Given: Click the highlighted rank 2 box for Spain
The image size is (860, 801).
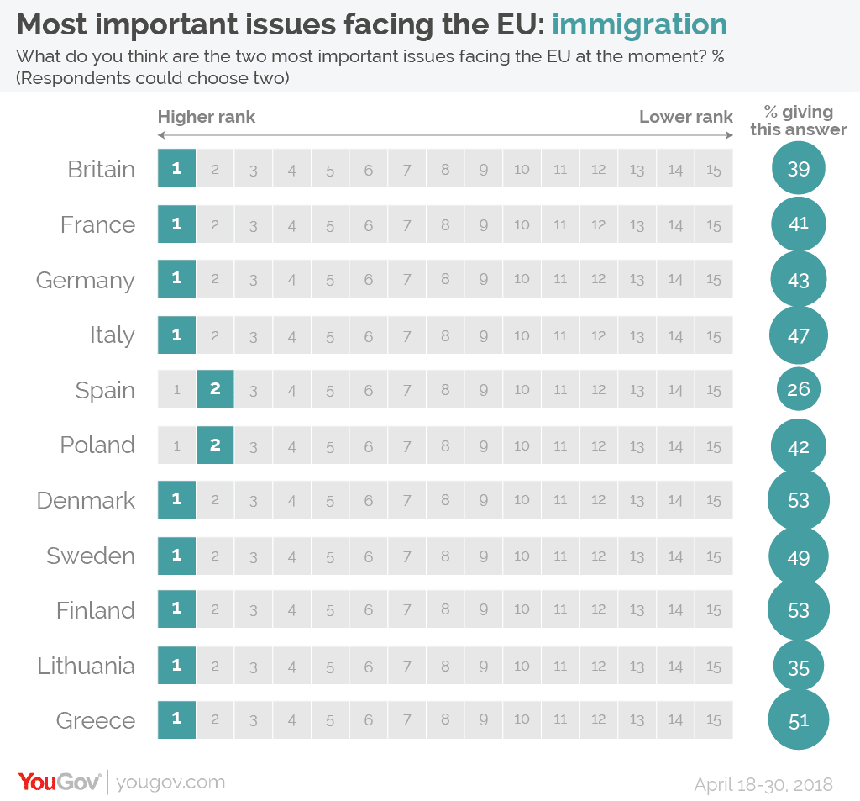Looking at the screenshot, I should (215, 390).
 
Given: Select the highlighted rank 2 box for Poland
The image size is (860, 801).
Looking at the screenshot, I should (215, 445).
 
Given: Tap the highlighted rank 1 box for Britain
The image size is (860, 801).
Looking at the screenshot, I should (176, 169).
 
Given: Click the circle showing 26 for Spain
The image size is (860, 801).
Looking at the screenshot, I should (798, 390).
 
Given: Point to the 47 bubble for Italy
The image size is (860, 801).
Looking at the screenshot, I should (798, 335).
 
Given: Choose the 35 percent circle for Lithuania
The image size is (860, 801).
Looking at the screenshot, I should (798, 667).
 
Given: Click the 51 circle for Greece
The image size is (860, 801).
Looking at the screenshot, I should (798, 720).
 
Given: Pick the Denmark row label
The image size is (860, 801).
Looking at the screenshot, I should (86, 501).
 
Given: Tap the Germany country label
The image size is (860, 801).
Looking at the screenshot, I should (85, 280).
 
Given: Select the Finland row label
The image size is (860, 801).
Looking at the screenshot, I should (95, 611).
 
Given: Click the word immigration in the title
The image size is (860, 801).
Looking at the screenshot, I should (639, 25).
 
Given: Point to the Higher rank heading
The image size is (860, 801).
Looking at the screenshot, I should (207, 117).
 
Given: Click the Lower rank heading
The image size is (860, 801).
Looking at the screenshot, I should (686, 117).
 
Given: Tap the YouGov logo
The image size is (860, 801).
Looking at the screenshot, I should (60, 782).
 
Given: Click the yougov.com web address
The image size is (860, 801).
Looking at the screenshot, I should (171, 783).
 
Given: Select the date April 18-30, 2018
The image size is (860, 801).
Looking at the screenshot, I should (763, 784).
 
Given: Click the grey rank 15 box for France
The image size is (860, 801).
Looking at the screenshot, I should (714, 224).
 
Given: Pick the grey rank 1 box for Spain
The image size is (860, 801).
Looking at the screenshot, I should (176, 390).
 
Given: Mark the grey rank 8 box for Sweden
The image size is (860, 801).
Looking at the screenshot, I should (445, 556).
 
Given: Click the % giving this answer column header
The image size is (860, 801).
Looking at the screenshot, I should (798, 120).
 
